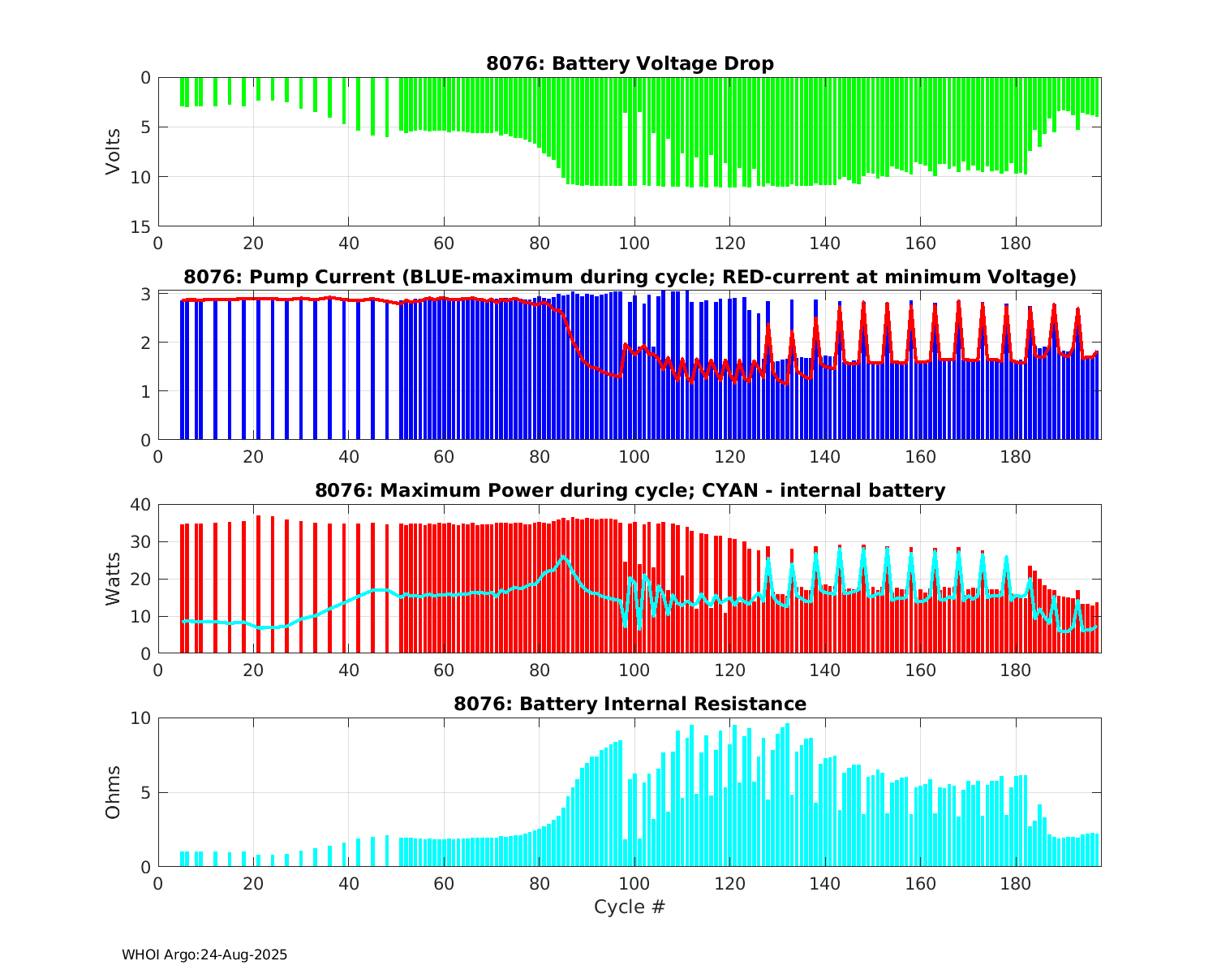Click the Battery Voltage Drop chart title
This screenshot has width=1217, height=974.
pos(630,63)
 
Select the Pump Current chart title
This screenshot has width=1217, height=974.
pos(630,278)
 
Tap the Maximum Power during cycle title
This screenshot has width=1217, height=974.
pos(630,490)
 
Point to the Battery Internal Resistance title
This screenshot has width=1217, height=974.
pos(630,704)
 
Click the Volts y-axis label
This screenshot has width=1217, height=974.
pos(114,152)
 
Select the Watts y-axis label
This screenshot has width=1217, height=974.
pos(114,579)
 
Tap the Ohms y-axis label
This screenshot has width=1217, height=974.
pos(114,792)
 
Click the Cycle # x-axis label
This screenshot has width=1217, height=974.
pos(630,907)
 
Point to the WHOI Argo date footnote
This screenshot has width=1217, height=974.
pos(204,955)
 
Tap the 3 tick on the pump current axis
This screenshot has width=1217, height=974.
pos(147,294)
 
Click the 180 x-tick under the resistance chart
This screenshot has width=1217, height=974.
pos(1015,883)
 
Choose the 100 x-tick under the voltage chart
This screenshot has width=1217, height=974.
pos(634,243)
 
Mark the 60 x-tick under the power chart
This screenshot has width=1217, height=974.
pos(444,670)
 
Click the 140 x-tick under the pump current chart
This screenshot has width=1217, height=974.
pos(824,457)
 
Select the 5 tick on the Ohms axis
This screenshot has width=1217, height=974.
pos(147,792)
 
